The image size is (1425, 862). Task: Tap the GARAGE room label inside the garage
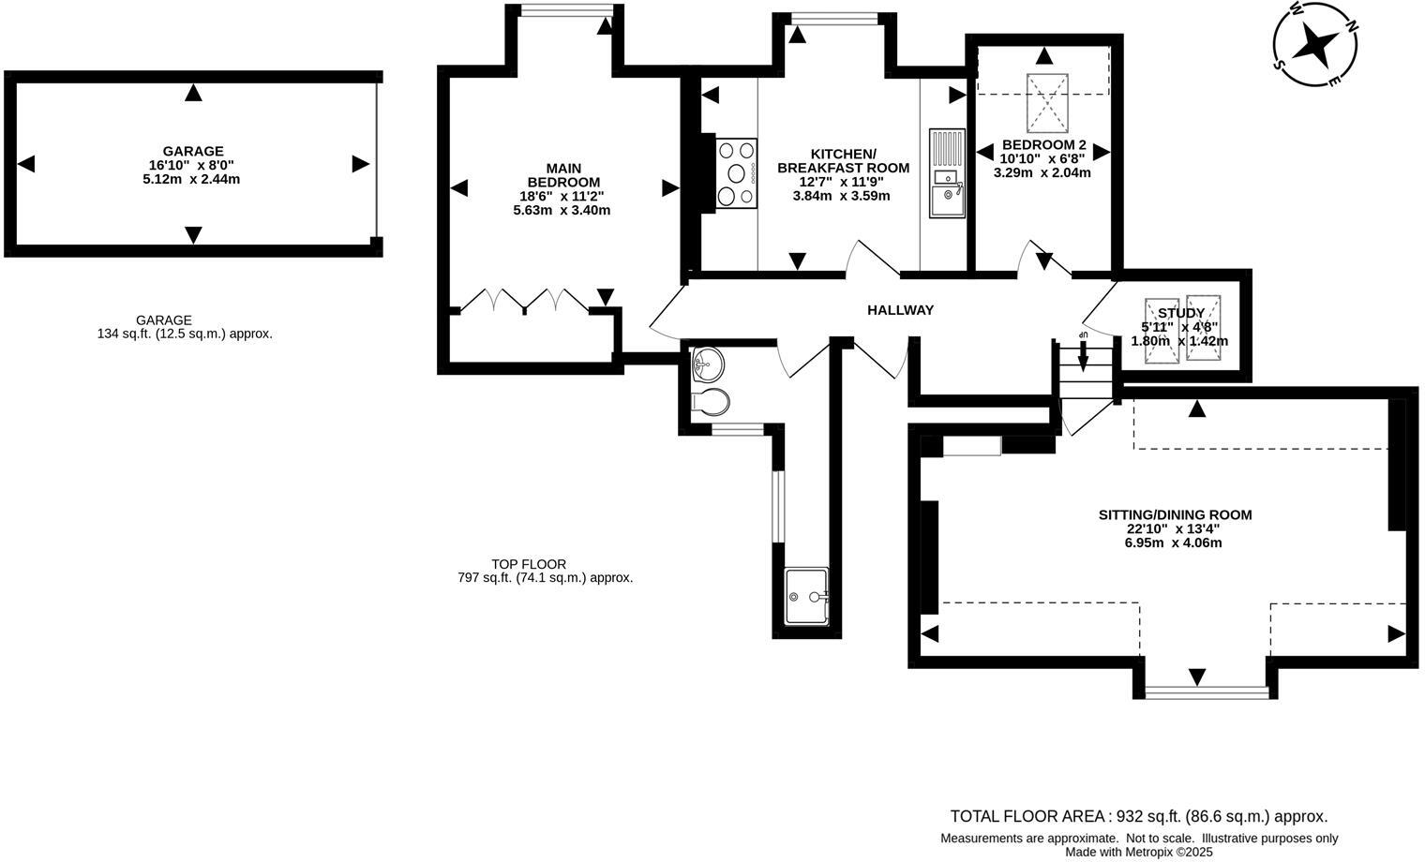pyautogui.click(x=193, y=151)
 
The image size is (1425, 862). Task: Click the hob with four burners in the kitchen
pyautogui.click(x=737, y=172)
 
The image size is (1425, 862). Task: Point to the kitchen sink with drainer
pyautogui.click(x=947, y=173)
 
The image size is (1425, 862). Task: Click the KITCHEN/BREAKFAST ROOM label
pyautogui.click(x=843, y=161)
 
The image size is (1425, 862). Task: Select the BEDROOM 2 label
pyautogui.click(x=1043, y=145)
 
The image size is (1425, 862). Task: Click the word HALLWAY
pyautogui.click(x=900, y=310)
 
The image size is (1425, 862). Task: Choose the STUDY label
pyautogui.click(x=1180, y=313)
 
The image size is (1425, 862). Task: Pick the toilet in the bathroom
pyautogui.click(x=711, y=402)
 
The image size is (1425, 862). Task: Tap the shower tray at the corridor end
pyautogui.click(x=806, y=596)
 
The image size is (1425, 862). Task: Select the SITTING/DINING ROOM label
pyautogui.click(x=1175, y=514)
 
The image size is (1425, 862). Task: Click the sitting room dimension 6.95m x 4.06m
pyautogui.click(x=1175, y=542)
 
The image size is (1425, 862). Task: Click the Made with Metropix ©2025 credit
pyautogui.click(x=1138, y=852)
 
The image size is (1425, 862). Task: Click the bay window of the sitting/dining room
pyautogui.click(x=1207, y=692)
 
